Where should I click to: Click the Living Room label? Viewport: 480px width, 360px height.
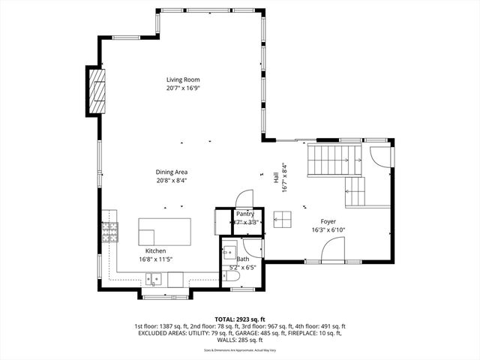(x=183, y=79)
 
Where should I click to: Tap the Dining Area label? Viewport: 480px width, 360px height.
(x=172, y=172)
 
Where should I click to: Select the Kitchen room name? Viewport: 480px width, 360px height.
(x=156, y=250)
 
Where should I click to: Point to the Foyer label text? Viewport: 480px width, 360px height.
(x=328, y=221)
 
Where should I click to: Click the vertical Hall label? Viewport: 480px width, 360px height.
(x=276, y=178)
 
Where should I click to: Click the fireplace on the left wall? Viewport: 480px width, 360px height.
(x=96, y=89)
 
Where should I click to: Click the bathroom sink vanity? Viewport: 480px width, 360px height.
(x=229, y=251)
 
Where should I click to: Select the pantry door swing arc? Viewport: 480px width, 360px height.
(x=244, y=197)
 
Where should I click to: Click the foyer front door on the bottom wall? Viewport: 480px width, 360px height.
(x=332, y=251)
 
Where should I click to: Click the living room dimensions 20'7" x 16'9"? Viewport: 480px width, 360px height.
(x=183, y=88)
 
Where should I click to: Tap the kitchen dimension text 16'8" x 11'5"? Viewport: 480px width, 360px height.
(x=156, y=259)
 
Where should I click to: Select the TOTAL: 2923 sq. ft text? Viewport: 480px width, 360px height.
(x=240, y=319)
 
